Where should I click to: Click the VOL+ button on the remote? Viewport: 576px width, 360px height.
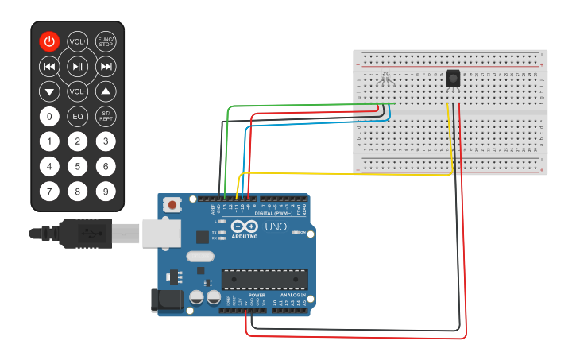[77, 41]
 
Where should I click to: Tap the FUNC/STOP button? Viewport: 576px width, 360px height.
[106, 41]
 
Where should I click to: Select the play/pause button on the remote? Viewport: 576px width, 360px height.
[77, 66]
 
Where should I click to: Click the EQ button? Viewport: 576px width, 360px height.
[77, 117]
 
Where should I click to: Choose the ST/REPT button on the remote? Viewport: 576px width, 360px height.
[106, 117]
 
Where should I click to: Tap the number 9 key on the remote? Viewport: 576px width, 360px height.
[106, 192]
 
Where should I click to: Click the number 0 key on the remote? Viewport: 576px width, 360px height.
[49, 117]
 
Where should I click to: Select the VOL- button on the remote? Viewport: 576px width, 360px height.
[77, 91]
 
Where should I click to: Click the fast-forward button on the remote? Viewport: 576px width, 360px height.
[106, 66]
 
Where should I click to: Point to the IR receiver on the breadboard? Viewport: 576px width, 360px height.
[453, 79]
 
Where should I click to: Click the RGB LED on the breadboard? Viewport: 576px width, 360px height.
[386, 79]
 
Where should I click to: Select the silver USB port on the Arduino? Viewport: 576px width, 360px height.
[161, 233]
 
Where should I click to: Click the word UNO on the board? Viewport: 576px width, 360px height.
[276, 226]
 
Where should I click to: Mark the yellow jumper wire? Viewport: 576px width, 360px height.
[350, 172]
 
